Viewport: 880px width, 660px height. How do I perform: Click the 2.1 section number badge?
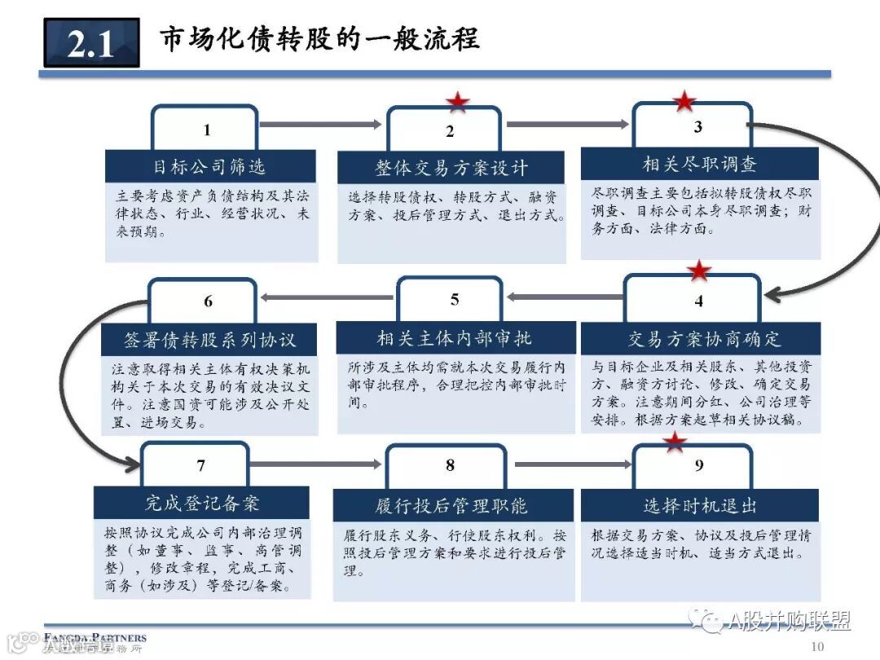point(91,42)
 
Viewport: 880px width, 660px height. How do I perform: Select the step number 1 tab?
point(207,130)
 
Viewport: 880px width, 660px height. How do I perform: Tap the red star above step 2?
point(457,103)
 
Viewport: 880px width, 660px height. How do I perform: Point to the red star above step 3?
point(684,101)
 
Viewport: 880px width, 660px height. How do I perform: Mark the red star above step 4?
point(698,271)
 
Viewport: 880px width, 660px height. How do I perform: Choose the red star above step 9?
point(674,442)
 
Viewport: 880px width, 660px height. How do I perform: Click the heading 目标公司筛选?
point(209,166)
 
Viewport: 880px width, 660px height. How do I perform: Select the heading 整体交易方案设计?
point(451,168)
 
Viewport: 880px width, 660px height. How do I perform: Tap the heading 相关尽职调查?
point(699,164)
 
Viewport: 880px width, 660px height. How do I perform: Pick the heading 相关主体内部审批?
point(454,337)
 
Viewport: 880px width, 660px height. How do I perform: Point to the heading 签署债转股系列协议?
point(209,338)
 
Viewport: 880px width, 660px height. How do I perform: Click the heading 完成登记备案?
point(202,503)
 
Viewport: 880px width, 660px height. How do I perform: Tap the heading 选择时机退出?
point(699,505)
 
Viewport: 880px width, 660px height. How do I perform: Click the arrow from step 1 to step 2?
point(320,125)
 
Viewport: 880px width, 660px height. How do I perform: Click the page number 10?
point(818,646)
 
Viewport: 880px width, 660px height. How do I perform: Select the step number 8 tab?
point(450,465)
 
